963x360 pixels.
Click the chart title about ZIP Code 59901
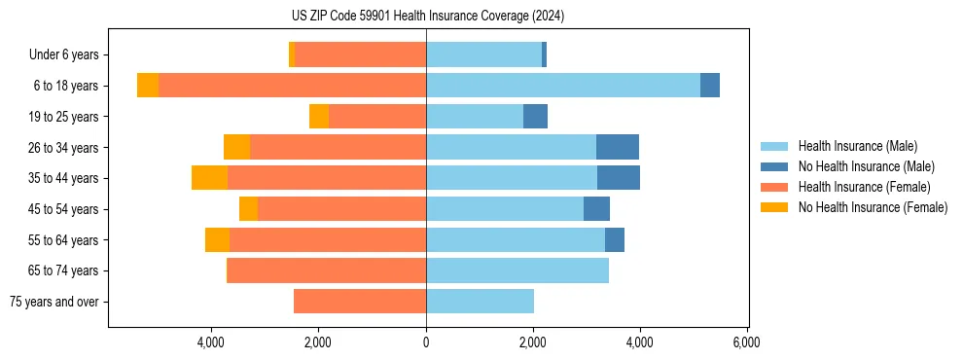click(x=427, y=17)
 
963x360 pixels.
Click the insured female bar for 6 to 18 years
click(x=292, y=86)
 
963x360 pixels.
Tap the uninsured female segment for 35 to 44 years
click(x=209, y=178)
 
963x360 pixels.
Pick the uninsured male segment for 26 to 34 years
click(x=617, y=147)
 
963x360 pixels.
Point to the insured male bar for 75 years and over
click(x=480, y=302)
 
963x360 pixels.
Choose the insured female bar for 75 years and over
click(x=360, y=302)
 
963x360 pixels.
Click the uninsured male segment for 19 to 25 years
click(x=535, y=117)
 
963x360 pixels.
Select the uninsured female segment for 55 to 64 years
click(x=217, y=239)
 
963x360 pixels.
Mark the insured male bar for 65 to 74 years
click(x=517, y=270)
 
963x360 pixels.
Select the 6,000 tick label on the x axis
click(x=746, y=342)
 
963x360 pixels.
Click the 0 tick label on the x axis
click(x=426, y=342)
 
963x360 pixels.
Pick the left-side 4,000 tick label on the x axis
click(x=212, y=342)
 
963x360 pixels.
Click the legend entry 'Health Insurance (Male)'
click(x=857, y=146)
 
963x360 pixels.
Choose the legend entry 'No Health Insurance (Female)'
click(x=873, y=207)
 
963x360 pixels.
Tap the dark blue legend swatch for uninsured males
click(x=774, y=166)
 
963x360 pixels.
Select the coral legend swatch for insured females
click(x=774, y=187)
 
